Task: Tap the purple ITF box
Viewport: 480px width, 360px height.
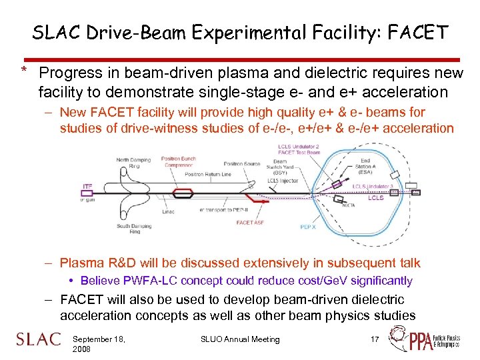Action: [87, 187]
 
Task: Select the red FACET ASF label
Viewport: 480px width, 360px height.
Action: [249, 223]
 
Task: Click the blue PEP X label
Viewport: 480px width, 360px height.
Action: [308, 227]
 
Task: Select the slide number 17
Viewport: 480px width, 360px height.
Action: [374, 340]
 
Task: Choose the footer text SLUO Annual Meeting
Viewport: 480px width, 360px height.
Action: [240, 340]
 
